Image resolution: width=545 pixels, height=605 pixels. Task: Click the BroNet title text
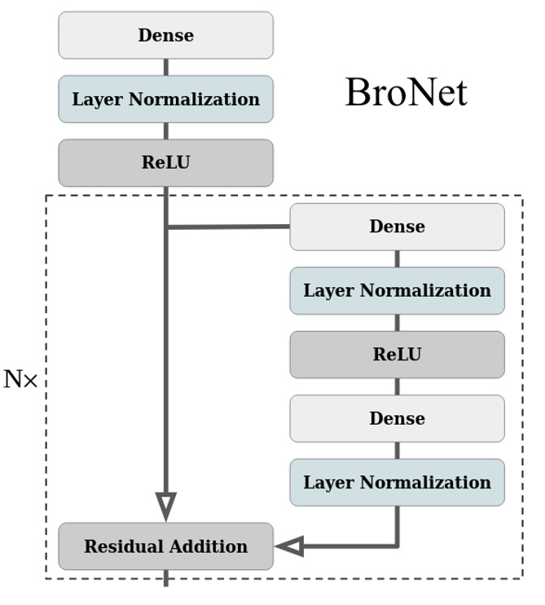coord(406,92)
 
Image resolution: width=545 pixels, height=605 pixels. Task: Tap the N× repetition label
coord(20,380)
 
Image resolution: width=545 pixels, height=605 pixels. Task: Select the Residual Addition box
coord(165,546)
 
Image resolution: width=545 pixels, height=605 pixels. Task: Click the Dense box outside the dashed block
coord(165,35)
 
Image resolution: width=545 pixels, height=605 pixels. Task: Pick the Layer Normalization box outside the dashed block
coord(165,99)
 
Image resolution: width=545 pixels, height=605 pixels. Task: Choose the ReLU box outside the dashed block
coord(165,162)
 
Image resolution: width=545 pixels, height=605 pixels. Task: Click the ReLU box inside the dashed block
coord(397,355)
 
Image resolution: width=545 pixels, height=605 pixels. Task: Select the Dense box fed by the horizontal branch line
coord(397,227)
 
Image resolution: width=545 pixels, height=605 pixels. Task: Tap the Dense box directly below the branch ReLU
coord(397,418)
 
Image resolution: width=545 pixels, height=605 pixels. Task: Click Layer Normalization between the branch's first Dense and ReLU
coord(397,290)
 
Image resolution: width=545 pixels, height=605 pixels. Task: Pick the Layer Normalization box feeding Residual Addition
coord(397,482)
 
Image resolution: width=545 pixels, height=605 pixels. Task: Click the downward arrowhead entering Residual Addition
coord(166,506)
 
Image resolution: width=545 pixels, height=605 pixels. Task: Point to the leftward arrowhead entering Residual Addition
coord(289,546)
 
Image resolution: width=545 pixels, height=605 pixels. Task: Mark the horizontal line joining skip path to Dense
coord(228,227)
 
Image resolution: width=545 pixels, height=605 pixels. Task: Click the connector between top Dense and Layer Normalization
coord(166,67)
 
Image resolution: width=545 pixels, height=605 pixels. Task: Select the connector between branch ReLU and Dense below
coord(398,386)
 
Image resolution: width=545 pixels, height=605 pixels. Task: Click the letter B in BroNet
coord(356,92)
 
